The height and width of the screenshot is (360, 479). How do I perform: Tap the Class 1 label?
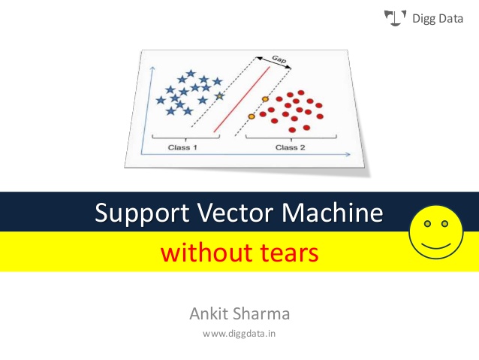182,147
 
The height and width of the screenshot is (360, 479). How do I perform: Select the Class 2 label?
291,147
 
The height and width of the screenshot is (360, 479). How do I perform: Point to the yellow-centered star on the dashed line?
218,96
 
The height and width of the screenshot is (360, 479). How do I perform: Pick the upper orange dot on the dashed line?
264,99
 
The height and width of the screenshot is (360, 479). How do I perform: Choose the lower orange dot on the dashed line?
252,115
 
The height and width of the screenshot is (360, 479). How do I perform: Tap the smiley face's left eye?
427,223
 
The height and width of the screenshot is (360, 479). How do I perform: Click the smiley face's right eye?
444,223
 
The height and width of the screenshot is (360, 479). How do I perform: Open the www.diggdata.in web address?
239,332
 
